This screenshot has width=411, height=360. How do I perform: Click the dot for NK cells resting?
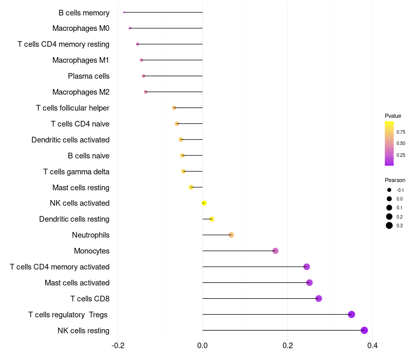364,330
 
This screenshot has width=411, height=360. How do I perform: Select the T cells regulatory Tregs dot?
351,314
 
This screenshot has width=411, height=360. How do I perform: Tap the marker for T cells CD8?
319,298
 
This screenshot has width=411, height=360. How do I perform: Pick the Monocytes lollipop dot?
275,251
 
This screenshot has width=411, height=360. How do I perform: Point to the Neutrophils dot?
231,235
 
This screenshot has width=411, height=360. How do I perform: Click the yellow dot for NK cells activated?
204,203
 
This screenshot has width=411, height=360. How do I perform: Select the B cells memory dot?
124,12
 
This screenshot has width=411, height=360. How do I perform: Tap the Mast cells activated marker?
309,282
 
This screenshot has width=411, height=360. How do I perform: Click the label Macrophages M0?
81,28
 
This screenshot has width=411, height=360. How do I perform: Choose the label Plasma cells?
88,76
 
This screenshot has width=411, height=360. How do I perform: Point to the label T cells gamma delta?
76,171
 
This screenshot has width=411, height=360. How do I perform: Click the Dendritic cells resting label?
74,219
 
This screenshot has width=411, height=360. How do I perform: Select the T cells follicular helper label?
72,108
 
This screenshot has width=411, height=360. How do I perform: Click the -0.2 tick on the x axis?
118,345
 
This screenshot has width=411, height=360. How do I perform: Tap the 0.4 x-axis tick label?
372,345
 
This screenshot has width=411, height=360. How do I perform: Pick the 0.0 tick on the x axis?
202,345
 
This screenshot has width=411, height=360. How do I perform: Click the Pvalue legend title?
393,116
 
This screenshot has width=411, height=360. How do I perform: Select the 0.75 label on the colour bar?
401,132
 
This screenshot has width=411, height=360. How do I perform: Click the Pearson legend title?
395,180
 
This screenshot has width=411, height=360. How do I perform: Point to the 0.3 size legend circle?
389,225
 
